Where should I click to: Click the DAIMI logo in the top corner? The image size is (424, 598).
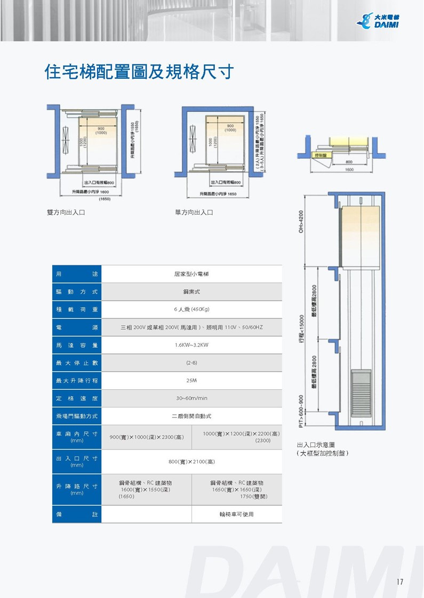click(x=380, y=21)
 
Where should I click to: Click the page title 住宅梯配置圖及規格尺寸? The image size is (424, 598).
click(x=139, y=72)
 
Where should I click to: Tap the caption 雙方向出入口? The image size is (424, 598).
click(x=66, y=212)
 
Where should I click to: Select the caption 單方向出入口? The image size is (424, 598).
click(x=194, y=212)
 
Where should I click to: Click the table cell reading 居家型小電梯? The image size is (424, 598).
click(x=191, y=274)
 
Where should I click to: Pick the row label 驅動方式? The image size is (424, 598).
click(x=77, y=292)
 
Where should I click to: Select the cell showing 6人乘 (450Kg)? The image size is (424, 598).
click(x=191, y=309)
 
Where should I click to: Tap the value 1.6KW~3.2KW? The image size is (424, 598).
click(x=191, y=345)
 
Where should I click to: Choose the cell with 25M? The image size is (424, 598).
click(x=191, y=381)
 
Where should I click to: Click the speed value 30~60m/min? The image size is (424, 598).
click(x=191, y=398)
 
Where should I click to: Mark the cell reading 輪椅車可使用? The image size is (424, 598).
click(x=236, y=514)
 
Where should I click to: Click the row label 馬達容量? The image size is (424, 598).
click(x=77, y=345)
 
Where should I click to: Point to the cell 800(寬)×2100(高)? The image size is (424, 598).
click(x=191, y=462)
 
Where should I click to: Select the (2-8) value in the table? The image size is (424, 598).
click(x=191, y=363)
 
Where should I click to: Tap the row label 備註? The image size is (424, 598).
click(x=77, y=514)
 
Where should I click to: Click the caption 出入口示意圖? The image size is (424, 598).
click(x=316, y=445)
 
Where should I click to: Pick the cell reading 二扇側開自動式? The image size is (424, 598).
click(x=191, y=416)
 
